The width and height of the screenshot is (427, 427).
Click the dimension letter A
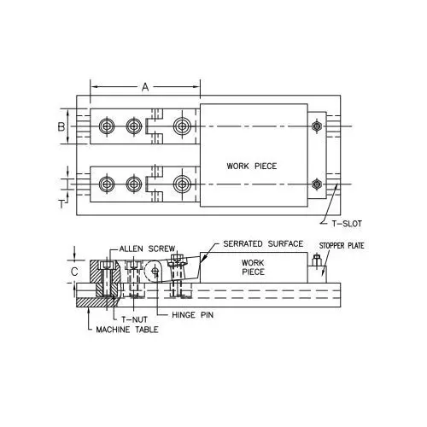[145, 87]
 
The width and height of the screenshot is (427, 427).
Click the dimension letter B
[61, 126]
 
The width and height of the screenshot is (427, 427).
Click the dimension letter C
[74, 272]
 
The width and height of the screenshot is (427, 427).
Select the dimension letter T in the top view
[61, 204]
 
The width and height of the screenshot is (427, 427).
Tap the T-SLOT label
[347, 224]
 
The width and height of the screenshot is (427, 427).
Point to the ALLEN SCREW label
[147, 249]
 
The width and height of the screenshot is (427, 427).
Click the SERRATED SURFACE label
[263, 244]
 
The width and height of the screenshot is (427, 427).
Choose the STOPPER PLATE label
[342, 246]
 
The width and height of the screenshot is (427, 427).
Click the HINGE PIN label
[193, 315]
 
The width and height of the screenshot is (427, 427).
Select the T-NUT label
[134, 319]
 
